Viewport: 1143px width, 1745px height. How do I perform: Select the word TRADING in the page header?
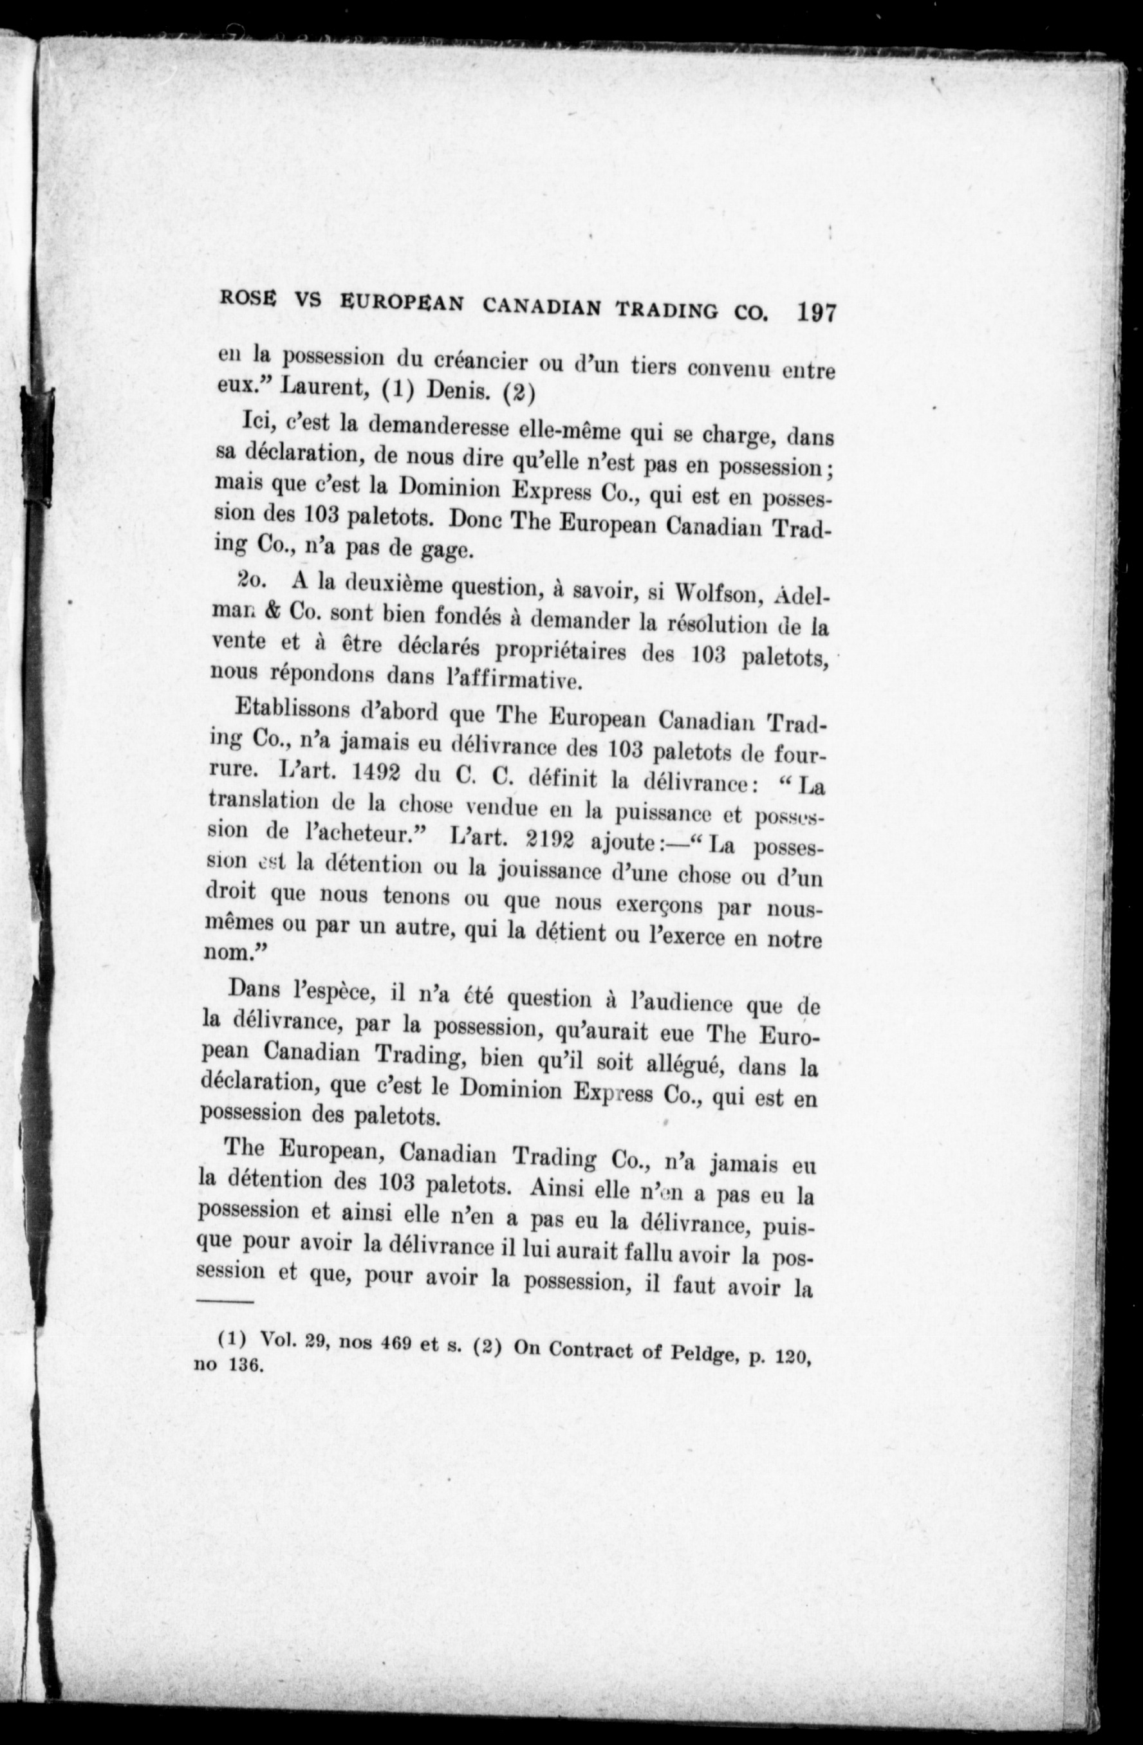point(667,309)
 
